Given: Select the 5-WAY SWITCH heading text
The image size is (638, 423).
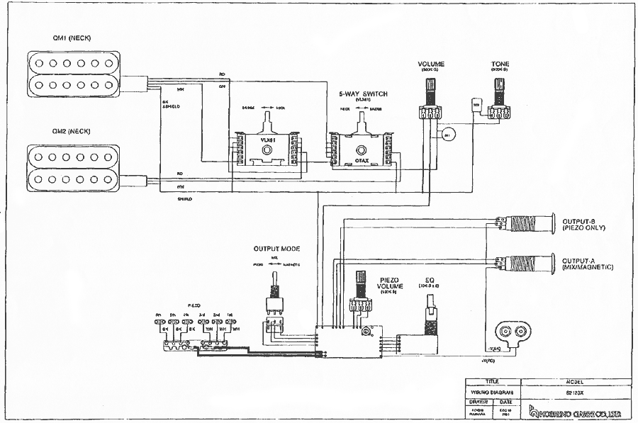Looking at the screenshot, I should (x=364, y=94).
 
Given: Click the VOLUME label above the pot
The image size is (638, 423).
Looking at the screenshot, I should (x=431, y=64).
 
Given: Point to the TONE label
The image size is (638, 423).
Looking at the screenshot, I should (x=500, y=64).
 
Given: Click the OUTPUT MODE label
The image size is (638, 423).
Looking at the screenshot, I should (x=276, y=249).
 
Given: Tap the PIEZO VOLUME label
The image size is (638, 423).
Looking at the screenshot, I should (x=392, y=283).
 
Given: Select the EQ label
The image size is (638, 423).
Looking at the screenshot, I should (x=430, y=280).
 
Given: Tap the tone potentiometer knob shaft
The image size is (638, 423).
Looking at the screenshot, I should (x=500, y=91).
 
